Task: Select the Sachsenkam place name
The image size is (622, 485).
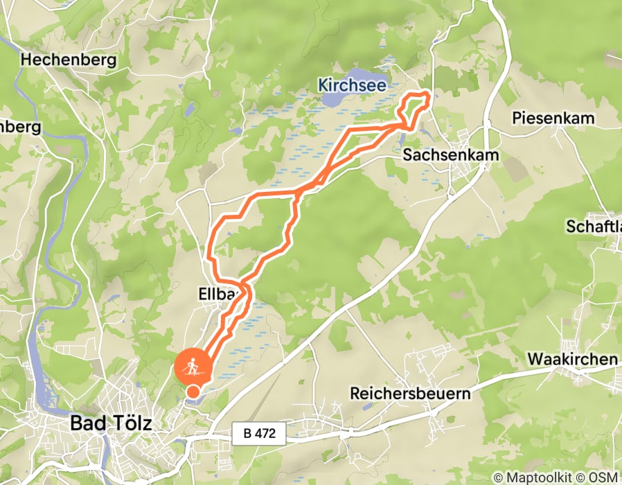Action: [451, 155]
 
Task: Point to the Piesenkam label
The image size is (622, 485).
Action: [553, 118]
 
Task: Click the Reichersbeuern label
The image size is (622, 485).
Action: [410, 394]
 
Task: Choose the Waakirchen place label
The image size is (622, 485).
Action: [572, 359]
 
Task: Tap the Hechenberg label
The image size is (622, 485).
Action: [68, 60]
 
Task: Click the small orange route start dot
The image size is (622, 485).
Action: [193, 392]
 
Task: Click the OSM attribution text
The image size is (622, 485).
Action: [605, 477]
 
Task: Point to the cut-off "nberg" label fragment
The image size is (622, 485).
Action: [21, 127]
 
